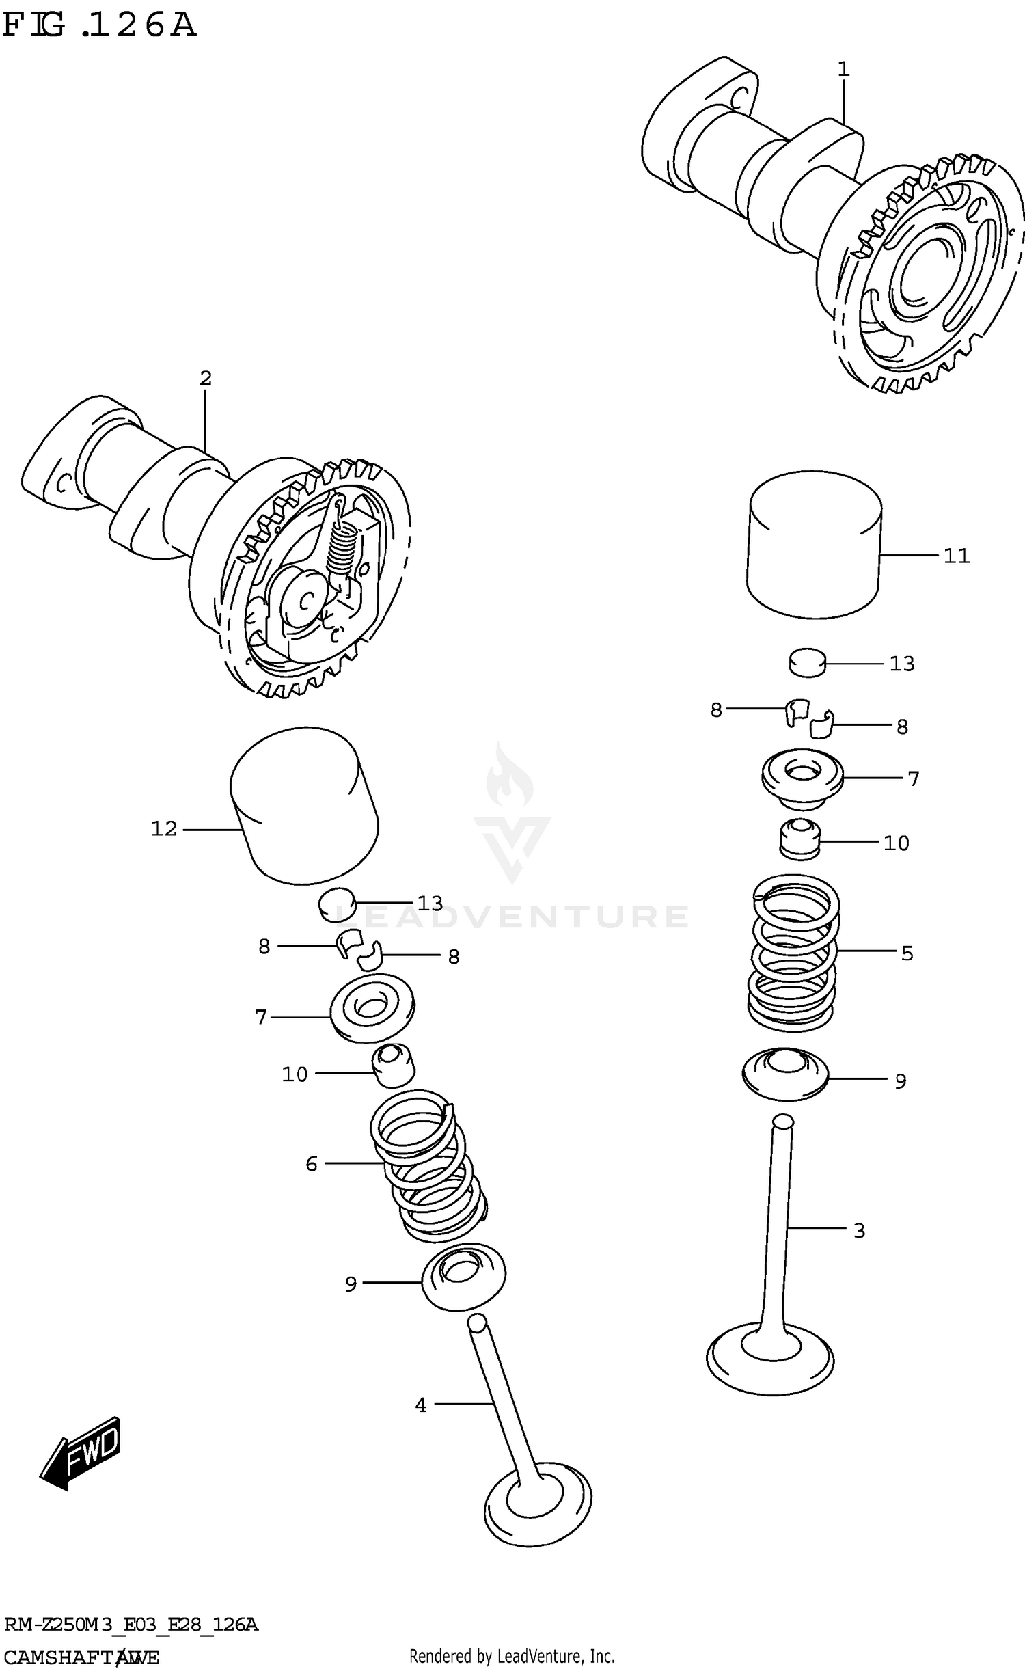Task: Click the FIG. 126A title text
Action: pyautogui.click(x=99, y=26)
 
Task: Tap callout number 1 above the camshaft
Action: pyautogui.click(x=843, y=69)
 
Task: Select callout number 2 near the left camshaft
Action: pyautogui.click(x=206, y=378)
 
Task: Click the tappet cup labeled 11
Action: pyautogui.click(x=813, y=545)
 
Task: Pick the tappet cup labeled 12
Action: pyautogui.click(x=304, y=806)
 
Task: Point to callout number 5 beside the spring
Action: pyautogui.click(x=907, y=953)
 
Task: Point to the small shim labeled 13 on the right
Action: pyautogui.click(x=808, y=663)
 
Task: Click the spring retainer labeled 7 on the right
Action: pyautogui.click(x=802, y=778)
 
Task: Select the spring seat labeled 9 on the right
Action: pyautogui.click(x=784, y=1074)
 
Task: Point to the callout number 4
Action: pyautogui.click(x=421, y=1405)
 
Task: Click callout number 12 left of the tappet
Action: pyautogui.click(x=164, y=829)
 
